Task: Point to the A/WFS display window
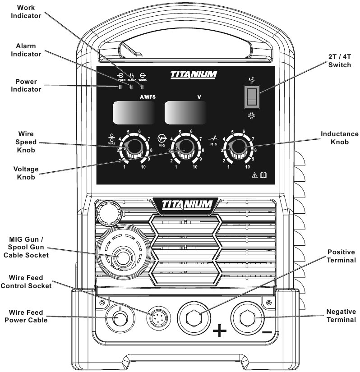pos(133,112)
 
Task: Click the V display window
pos(186,112)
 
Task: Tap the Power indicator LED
pos(121,87)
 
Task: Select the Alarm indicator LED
pos(132,87)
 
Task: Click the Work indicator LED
pos(143,87)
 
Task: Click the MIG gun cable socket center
pos(120,258)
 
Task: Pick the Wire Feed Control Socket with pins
pos(156,317)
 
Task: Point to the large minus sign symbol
pos(267,332)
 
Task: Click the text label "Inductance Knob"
pos(339,138)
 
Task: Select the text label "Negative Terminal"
pos(341,315)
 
